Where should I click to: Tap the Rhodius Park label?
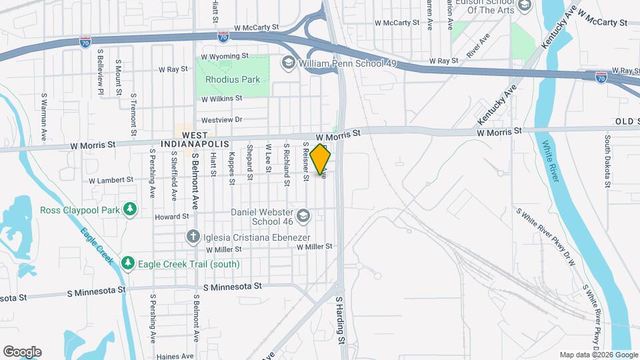[x=233, y=79]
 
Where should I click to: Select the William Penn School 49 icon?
[x=289, y=63]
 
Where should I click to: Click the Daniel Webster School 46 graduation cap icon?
[x=304, y=216]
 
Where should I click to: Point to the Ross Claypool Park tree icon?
[x=131, y=210]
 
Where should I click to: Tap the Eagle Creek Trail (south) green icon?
[x=128, y=264]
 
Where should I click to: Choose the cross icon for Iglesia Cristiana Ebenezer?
[x=193, y=236]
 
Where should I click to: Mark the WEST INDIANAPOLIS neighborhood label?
[x=195, y=139]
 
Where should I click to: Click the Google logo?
[x=22, y=352]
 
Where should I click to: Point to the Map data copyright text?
[x=597, y=355]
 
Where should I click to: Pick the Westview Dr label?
[x=221, y=120]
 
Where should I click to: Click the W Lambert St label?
[x=111, y=180]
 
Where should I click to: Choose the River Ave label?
[x=478, y=45]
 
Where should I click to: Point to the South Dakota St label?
[x=607, y=161]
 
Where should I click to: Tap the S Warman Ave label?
[x=44, y=116]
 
